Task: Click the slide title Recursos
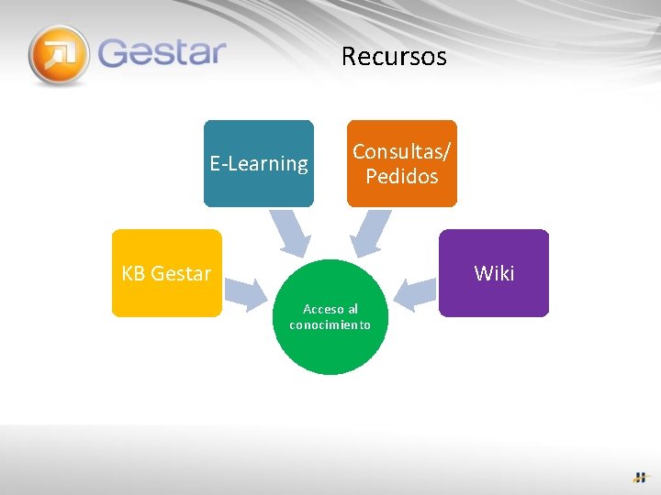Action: (x=394, y=57)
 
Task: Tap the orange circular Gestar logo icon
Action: (x=59, y=55)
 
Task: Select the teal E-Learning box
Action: (x=258, y=163)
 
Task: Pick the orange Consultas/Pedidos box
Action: (x=401, y=163)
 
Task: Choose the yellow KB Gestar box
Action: (x=166, y=273)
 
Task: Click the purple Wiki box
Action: (x=494, y=273)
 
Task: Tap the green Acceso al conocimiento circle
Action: (x=330, y=317)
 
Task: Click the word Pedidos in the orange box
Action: (x=402, y=176)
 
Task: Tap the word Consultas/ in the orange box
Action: (x=402, y=151)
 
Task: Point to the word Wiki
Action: (x=494, y=273)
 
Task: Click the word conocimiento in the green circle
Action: (x=330, y=324)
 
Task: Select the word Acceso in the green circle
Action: (x=321, y=310)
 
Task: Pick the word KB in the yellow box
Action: (x=133, y=273)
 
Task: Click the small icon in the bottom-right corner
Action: (x=640, y=477)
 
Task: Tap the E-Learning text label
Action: (x=259, y=164)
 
